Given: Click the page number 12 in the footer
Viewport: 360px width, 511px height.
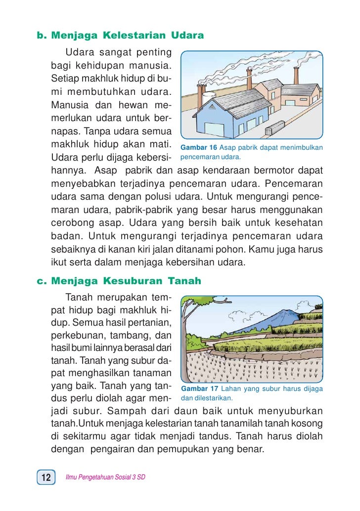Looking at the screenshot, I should point(46,477).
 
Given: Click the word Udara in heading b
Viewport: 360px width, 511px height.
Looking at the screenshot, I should point(187,36).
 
